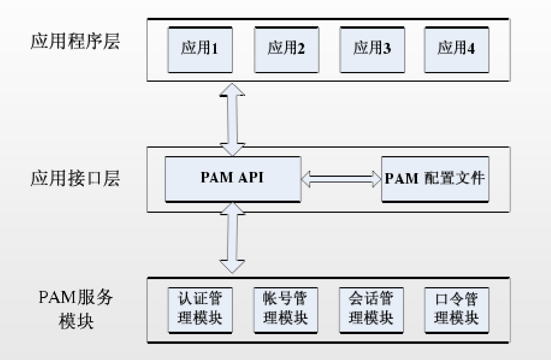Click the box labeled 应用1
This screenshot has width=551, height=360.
[200, 50]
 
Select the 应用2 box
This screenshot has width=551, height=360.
[286, 50]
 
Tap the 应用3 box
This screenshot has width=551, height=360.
[372, 50]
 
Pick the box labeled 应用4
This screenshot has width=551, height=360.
[457, 50]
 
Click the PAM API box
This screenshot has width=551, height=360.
[233, 179]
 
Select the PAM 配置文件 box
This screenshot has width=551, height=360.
[435, 179]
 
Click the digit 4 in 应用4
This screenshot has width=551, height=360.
[471, 49]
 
